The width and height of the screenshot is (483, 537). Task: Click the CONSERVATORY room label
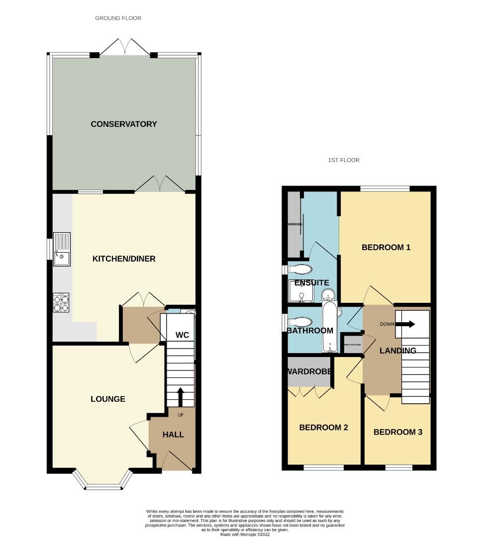coord(123,124)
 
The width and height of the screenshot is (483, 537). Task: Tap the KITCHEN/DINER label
coord(124,259)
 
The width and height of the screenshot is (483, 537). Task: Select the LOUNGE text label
coord(107,399)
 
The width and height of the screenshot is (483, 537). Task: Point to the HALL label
coord(173,434)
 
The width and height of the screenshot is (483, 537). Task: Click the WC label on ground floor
coord(182,335)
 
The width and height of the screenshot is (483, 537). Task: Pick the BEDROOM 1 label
coord(386,247)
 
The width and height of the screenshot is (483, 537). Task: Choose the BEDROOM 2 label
coord(323,428)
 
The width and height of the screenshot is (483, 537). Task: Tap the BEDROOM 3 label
coord(397,432)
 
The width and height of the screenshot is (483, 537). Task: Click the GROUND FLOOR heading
coord(118,18)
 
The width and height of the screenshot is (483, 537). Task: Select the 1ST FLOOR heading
coord(343,160)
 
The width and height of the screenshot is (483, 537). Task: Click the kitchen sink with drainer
coord(62,250)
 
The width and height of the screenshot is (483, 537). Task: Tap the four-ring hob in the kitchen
coord(61,303)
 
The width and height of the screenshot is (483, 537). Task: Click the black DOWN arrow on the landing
coord(407,324)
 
